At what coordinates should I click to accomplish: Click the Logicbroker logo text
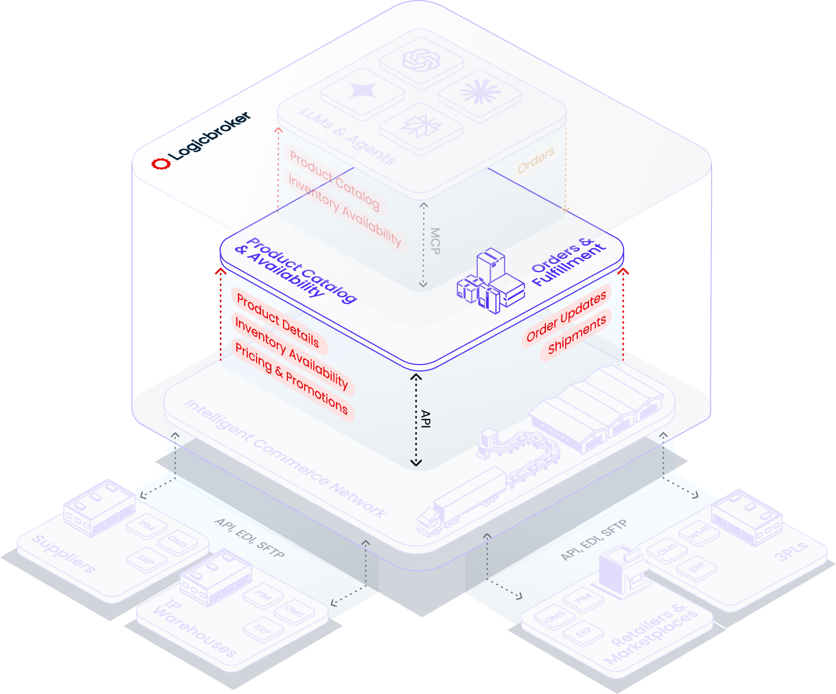coord(210,136)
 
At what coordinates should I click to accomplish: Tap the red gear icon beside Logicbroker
coord(161,163)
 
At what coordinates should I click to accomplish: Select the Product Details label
coord(278,321)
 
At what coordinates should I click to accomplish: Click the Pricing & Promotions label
coord(292,379)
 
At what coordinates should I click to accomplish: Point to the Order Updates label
coord(566,317)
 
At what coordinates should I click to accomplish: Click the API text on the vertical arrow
coord(425,419)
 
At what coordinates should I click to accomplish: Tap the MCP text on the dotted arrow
coord(435,241)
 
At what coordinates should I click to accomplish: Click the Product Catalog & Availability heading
coord(296,270)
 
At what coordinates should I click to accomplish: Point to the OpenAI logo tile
coord(421,60)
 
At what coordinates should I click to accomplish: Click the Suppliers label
coord(64,553)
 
